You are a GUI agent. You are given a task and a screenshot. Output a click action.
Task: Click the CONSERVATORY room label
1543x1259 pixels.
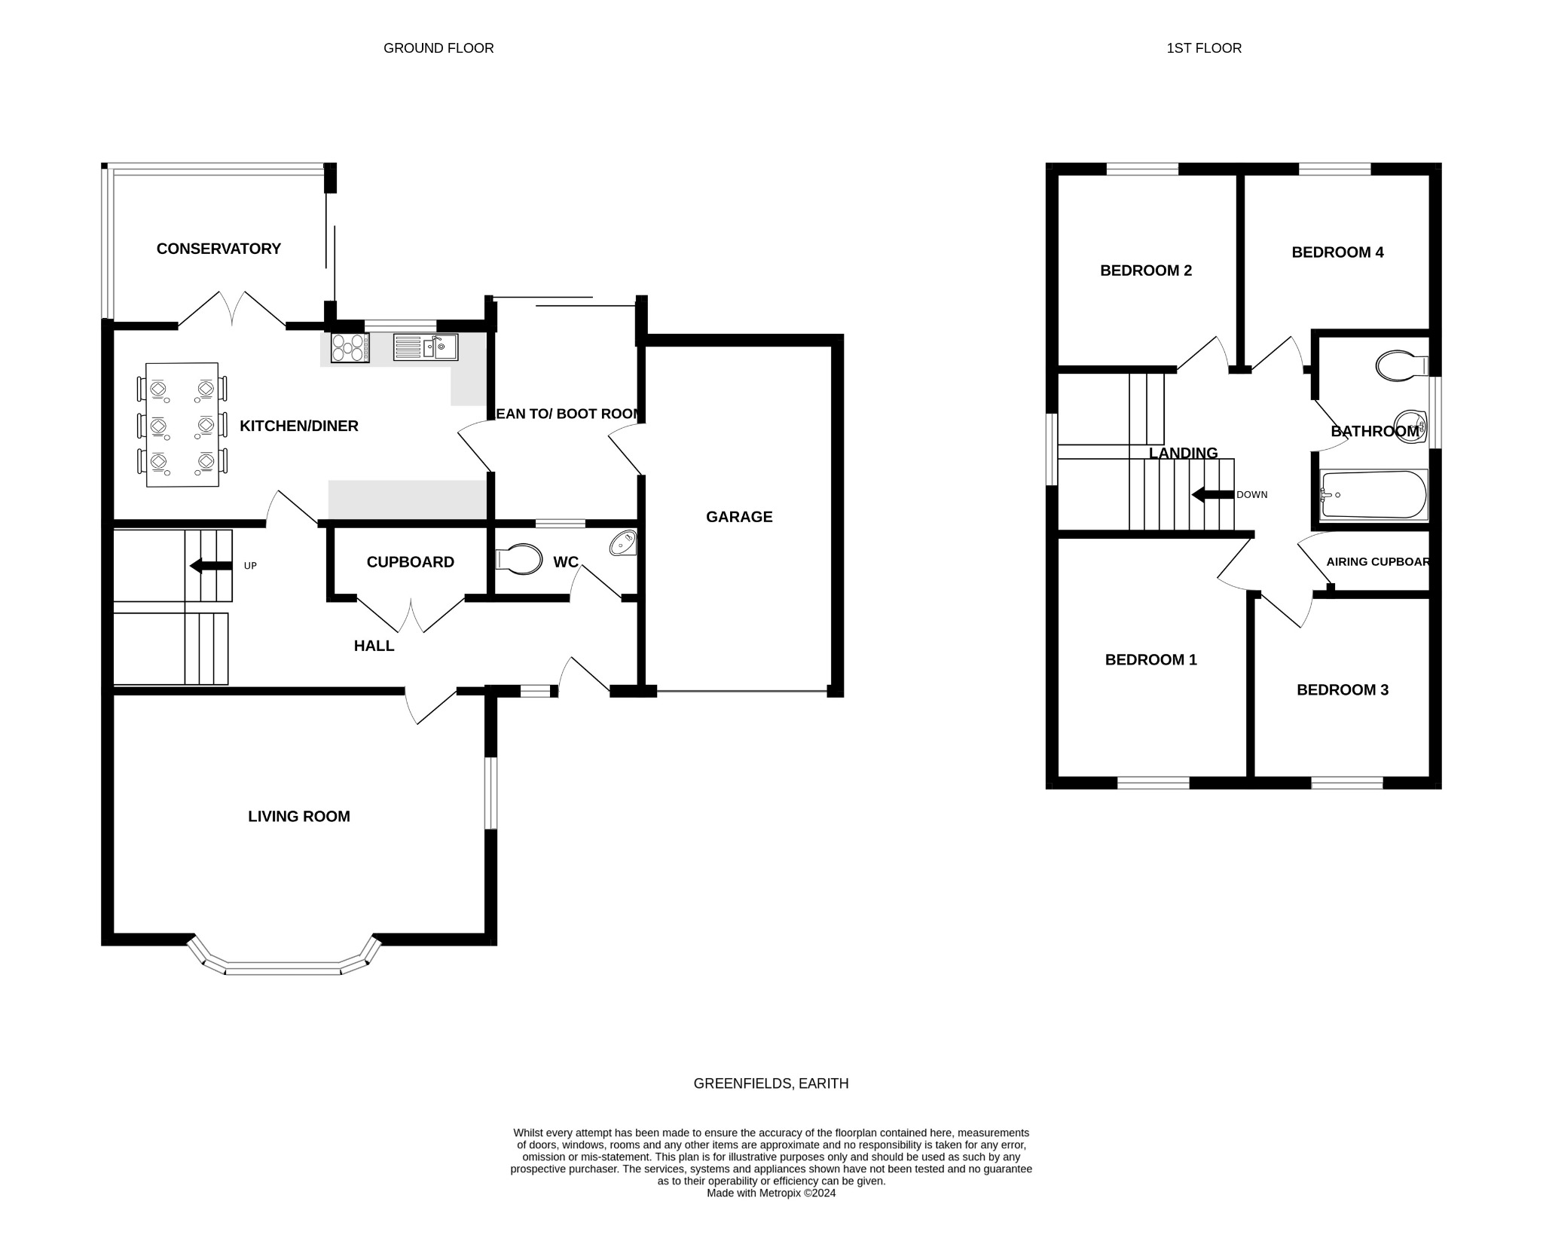(218, 249)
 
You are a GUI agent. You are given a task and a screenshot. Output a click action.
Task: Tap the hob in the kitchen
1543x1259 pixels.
(350, 348)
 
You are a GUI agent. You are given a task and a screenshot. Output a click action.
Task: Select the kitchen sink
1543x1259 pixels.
(425, 347)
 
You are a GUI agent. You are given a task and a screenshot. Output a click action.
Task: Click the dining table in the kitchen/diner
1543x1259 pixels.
(182, 424)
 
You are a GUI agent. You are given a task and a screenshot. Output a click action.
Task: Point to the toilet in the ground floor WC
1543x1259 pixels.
(520, 559)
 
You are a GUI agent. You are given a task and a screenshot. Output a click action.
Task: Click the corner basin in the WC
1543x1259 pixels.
(625, 543)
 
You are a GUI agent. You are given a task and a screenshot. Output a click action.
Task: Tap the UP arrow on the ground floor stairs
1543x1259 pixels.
(211, 566)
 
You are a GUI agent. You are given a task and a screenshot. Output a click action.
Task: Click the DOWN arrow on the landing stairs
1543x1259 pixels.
(1212, 495)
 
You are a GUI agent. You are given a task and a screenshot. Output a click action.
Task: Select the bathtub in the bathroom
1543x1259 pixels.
(1373, 495)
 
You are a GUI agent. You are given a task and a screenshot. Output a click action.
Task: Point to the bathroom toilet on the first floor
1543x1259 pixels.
(1401, 366)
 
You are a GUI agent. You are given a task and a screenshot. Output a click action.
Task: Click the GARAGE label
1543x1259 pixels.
(739, 517)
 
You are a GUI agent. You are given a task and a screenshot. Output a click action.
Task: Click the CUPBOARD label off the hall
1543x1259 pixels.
(410, 562)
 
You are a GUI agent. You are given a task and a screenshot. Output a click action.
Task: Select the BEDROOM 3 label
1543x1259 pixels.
(1342, 690)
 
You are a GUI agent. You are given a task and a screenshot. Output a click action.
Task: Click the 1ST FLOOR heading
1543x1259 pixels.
(1204, 48)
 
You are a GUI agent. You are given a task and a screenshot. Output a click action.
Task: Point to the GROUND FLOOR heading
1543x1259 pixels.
(438, 48)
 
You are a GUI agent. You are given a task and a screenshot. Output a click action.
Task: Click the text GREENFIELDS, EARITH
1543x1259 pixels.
(771, 1083)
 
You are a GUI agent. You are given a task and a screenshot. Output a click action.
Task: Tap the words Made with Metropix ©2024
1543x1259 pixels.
(771, 1193)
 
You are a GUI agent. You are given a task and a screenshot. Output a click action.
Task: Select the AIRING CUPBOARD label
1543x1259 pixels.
(1377, 562)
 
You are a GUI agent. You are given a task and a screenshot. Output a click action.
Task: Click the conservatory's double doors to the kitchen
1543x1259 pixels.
(232, 310)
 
